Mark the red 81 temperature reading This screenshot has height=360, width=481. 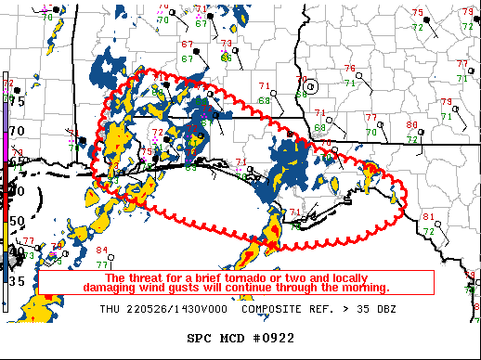[428, 216]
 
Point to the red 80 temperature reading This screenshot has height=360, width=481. [411, 124]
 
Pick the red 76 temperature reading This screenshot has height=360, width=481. [349, 69]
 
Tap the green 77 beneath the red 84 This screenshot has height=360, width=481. [102, 264]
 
